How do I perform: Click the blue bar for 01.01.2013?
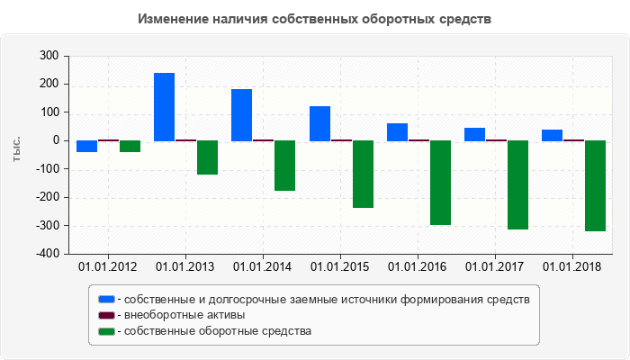tap(164, 107)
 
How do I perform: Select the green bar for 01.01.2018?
tap(595, 186)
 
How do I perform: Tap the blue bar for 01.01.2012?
tap(86, 147)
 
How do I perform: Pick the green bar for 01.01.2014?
tap(284, 166)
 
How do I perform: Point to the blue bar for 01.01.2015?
tap(319, 124)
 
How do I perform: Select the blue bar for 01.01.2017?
tap(474, 135)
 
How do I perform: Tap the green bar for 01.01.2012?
tap(130, 147)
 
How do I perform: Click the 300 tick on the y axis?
tap(49, 56)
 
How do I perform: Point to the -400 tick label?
tap(46, 254)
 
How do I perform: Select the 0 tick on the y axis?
tap(55, 141)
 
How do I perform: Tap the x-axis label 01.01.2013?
tap(184, 267)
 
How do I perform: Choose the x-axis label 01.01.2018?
tap(573, 267)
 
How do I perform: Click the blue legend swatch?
tap(107, 299)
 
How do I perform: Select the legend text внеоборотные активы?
tap(185, 315)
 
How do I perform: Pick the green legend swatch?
tap(107, 331)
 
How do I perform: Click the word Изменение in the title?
tap(172, 19)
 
